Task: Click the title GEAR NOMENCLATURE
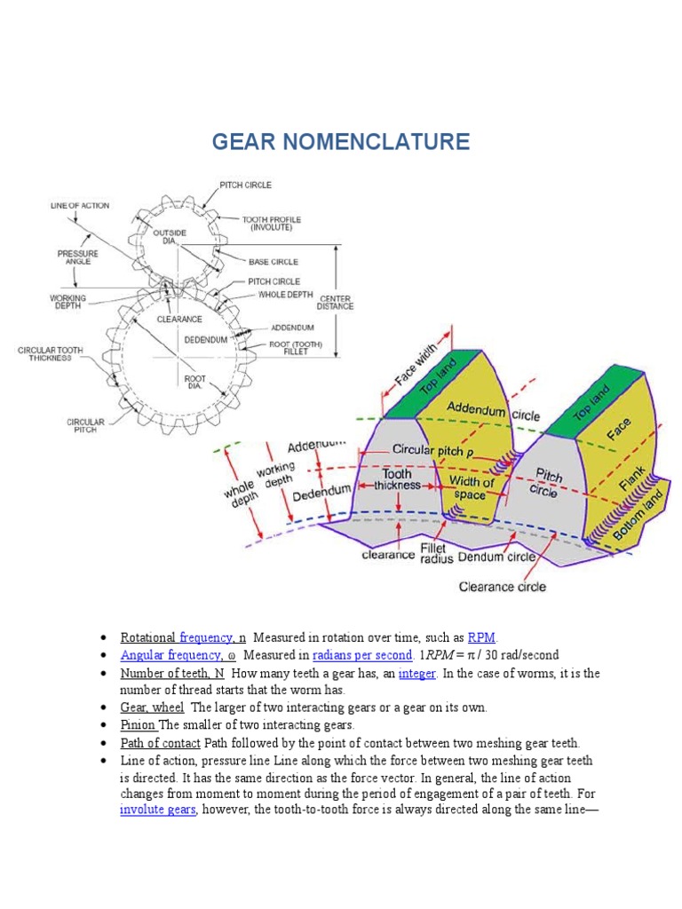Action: pyautogui.click(x=340, y=142)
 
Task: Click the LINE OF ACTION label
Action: pyautogui.click(x=79, y=205)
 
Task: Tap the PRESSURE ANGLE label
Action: pyautogui.click(x=78, y=257)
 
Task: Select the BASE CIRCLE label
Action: pyautogui.click(x=273, y=262)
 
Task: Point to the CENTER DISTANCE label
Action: pyautogui.click(x=337, y=302)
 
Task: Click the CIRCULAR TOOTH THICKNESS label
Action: pyautogui.click(x=50, y=354)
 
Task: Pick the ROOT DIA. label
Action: pyautogui.click(x=195, y=383)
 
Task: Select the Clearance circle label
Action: pyautogui.click(x=502, y=586)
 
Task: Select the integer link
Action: pyautogui.click(x=416, y=673)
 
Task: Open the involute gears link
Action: pyautogui.click(x=157, y=810)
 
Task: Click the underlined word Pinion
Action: pyautogui.click(x=138, y=724)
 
